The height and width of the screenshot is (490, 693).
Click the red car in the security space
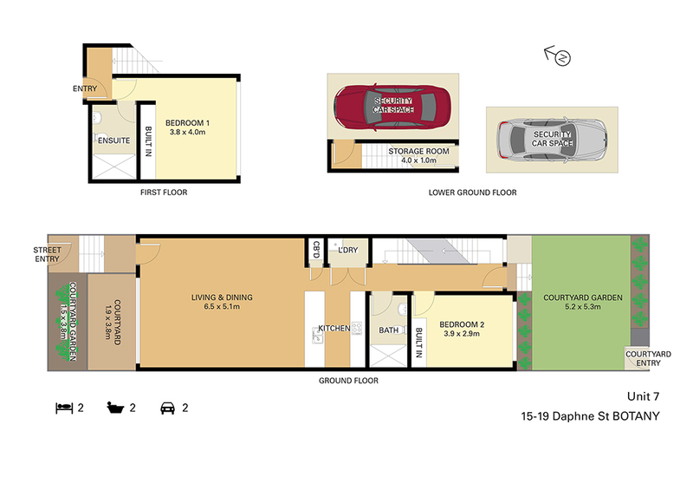(392, 107)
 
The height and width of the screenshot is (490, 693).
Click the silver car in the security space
(552, 140)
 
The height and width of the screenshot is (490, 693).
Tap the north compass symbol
(558, 56)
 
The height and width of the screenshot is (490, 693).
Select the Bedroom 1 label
(187, 127)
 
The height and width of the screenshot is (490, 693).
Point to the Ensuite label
(114, 140)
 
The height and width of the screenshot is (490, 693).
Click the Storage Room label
(418, 155)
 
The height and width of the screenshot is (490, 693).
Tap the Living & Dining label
(222, 302)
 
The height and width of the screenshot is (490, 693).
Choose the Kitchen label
(334, 328)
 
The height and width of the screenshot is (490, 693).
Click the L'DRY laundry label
(348, 250)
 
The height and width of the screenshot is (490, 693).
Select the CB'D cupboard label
(316, 250)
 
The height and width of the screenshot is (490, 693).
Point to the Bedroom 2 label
(462, 329)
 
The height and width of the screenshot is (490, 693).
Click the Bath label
(388, 330)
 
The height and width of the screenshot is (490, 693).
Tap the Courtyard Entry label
(648, 358)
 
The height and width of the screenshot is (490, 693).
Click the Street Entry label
(48, 254)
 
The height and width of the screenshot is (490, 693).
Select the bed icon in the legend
(64, 408)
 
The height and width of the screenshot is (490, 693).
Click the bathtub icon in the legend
(115, 408)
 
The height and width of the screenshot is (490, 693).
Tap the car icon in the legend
(167, 408)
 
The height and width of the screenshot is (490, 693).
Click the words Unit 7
(643, 396)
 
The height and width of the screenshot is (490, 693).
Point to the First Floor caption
(164, 193)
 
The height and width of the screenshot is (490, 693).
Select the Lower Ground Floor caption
(472, 193)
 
